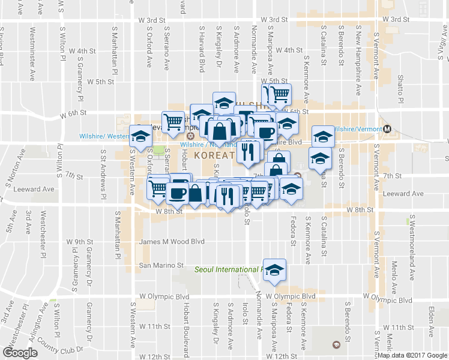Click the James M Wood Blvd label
(172, 242)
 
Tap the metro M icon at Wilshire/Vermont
(388, 128)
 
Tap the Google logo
(20, 352)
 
